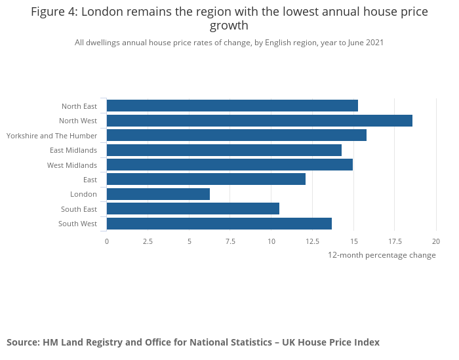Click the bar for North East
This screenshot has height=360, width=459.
pyautogui.click(x=232, y=106)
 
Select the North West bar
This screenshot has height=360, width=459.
pyautogui.click(x=260, y=121)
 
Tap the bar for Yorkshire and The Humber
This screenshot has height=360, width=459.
pyautogui.click(x=237, y=135)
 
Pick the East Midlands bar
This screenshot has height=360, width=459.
pyautogui.click(x=224, y=150)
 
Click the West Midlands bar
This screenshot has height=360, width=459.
pyautogui.click(x=229, y=165)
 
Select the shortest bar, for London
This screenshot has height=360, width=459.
pyautogui.click(x=158, y=194)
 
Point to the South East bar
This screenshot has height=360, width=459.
pyautogui.click(x=193, y=209)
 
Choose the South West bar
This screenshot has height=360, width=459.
pyautogui.click(x=219, y=224)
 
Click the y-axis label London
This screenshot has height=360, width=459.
pyautogui.click(x=83, y=194)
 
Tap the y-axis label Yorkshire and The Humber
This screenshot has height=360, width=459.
pyautogui.click(x=52, y=136)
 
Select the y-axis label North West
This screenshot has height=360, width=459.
pyautogui.click(x=78, y=121)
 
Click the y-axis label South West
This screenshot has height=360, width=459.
pyautogui.click(x=77, y=224)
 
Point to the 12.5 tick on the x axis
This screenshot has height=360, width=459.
pyautogui.click(x=313, y=241)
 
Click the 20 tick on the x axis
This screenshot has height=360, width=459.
pyautogui.click(x=436, y=241)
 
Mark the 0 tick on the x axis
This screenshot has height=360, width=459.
pyautogui.click(x=107, y=241)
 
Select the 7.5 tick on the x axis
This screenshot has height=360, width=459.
pyautogui.click(x=230, y=241)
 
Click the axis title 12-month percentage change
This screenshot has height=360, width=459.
pyautogui.click(x=382, y=255)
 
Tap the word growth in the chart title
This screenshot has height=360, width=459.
pyautogui.click(x=229, y=26)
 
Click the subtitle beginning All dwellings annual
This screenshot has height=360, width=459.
pyautogui.click(x=229, y=43)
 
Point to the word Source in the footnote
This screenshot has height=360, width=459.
pyautogui.click(x=22, y=342)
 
